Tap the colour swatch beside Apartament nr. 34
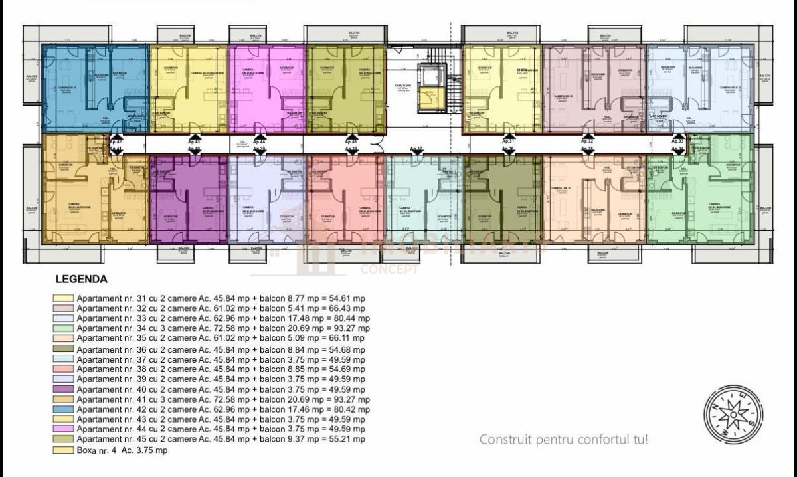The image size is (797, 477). coord(64,329)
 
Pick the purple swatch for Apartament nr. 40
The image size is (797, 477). coord(64,389)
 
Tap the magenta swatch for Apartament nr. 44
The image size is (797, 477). coord(64,430)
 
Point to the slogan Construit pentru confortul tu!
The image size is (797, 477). coord(563,439)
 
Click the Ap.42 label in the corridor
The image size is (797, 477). coord(115,142)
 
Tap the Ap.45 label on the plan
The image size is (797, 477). coord(351,142)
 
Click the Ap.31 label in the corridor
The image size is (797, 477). coord(508,142)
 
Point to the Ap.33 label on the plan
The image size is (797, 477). coord(677,142)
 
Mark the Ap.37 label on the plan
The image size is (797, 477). coord(416,149)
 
